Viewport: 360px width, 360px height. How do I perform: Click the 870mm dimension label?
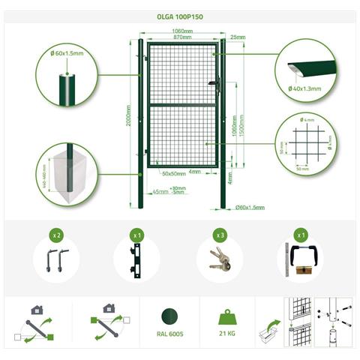(x=181, y=37)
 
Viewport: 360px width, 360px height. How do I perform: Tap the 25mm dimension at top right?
(x=238, y=37)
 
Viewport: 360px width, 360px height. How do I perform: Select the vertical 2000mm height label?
(x=130, y=116)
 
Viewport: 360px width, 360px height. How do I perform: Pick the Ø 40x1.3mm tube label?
(x=304, y=89)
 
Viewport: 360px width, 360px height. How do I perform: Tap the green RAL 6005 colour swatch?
(x=169, y=316)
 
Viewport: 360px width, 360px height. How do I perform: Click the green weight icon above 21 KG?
(x=229, y=316)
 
